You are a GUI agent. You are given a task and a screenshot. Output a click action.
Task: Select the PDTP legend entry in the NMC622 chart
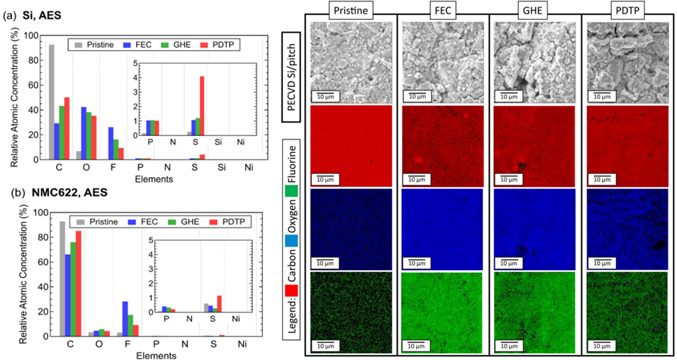point(223,221)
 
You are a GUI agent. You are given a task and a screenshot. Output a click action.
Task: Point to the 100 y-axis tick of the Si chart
point(33,35)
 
